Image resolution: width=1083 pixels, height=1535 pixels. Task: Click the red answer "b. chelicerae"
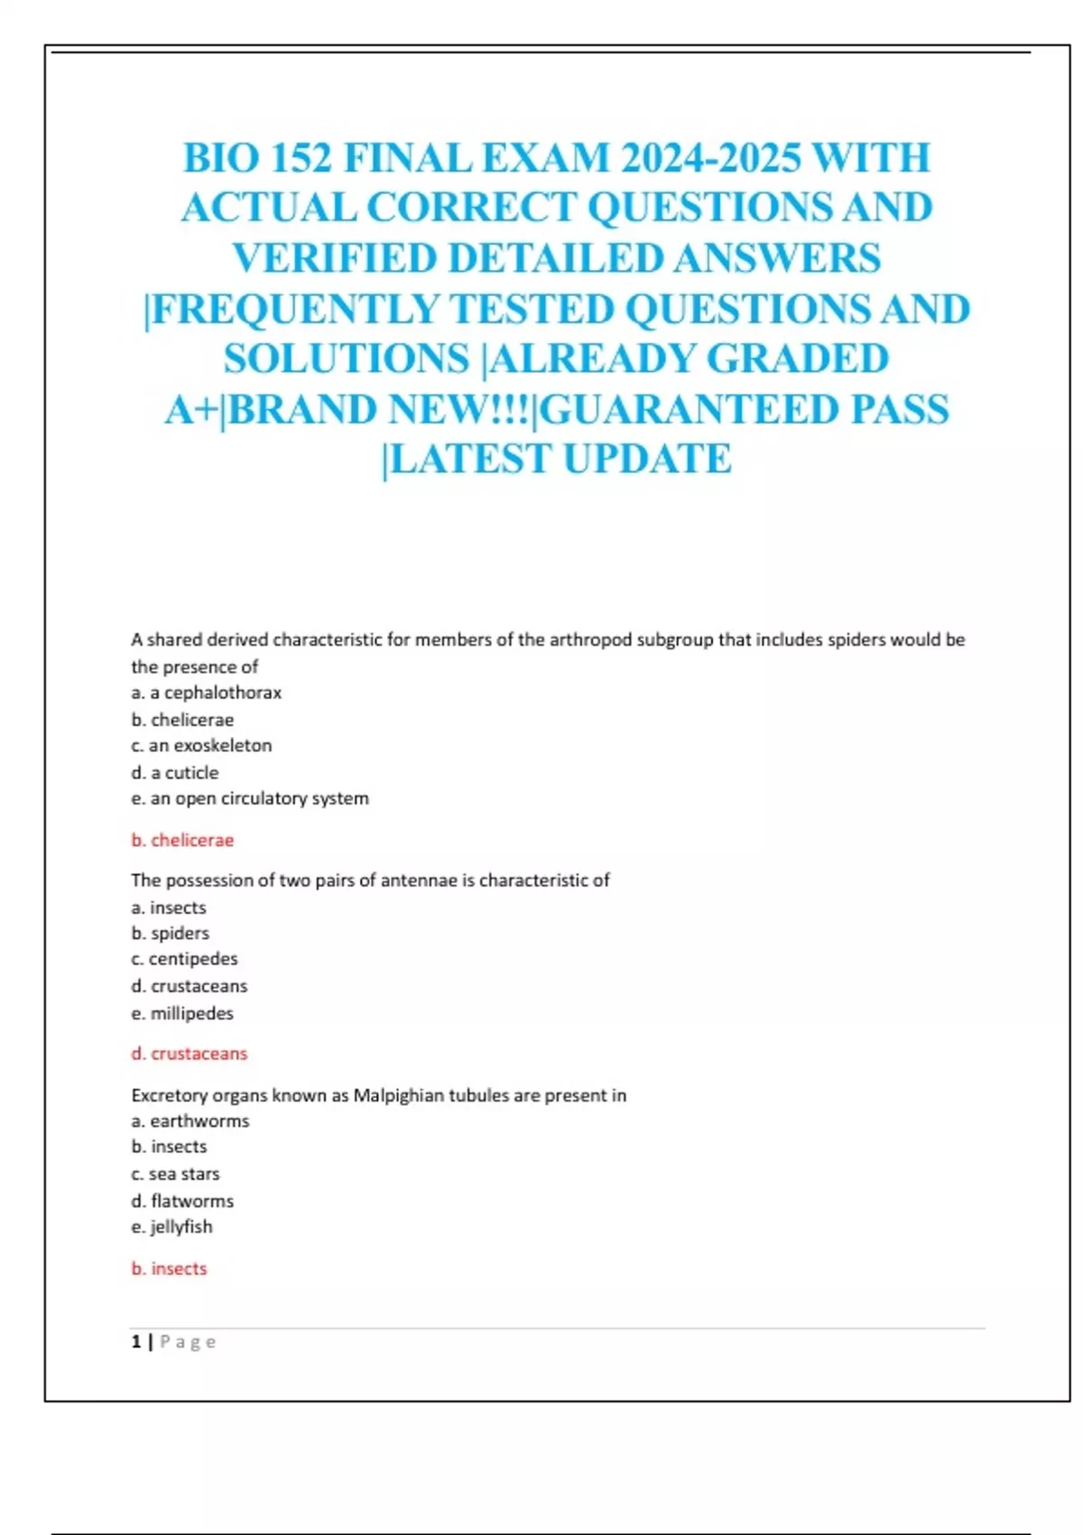coord(182,840)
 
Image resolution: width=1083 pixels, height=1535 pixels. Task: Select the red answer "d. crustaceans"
coord(189,1053)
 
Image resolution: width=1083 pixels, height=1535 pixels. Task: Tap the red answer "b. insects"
coord(169,1268)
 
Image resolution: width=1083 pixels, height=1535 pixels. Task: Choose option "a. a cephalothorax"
coord(206,693)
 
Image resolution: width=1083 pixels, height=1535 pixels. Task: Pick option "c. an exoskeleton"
coord(201,745)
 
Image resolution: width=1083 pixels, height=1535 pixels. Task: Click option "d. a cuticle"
coord(174,772)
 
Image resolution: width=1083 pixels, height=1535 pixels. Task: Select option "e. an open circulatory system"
coord(249,798)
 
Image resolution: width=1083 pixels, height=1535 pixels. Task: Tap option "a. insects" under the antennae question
coord(169,907)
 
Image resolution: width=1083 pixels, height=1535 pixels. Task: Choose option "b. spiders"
coord(170,933)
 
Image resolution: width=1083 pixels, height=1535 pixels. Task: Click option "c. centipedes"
coord(184,958)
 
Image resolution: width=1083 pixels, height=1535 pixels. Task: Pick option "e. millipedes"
coord(181,1013)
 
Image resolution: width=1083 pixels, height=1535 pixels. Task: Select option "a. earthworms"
coord(190,1121)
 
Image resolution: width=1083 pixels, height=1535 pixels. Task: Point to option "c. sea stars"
coord(175,1174)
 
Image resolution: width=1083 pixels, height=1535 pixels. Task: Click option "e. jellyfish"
coord(171,1226)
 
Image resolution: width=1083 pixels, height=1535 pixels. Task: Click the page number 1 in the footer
coord(136,1342)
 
